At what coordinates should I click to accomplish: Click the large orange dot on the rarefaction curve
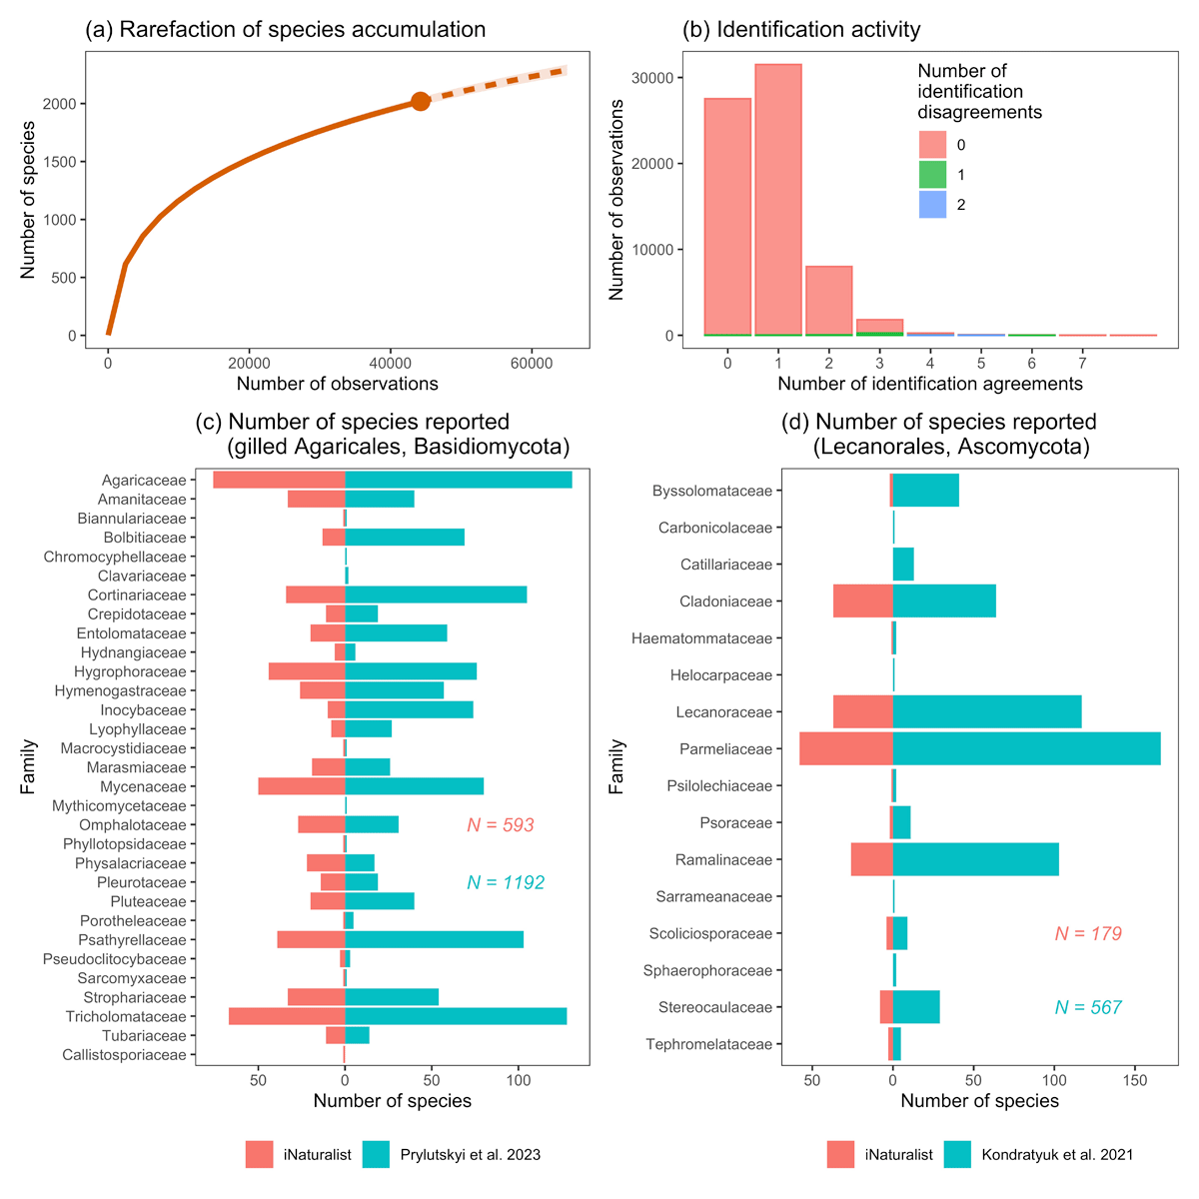pyautogui.click(x=421, y=101)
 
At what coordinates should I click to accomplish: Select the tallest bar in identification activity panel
pyautogui.click(x=778, y=200)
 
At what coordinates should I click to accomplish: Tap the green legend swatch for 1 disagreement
pyautogui.click(x=932, y=175)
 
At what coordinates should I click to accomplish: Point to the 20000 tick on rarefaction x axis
pyautogui.click(x=250, y=364)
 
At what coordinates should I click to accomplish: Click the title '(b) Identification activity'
pyautogui.click(x=801, y=30)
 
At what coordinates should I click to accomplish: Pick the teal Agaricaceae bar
pyautogui.click(x=459, y=481)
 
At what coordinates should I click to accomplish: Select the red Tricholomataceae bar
pyautogui.click(x=287, y=1016)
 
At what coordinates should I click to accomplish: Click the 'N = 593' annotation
pyautogui.click(x=501, y=825)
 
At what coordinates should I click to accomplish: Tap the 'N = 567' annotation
pyautogui.click(x=1088, y=1008)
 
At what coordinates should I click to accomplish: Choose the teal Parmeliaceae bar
pyautogui.click(x=1026, y=749)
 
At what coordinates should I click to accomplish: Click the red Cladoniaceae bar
pyautogui.click(x=863, y=601)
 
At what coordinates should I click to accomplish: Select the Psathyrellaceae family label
pyautogui.click(x=133, y=940)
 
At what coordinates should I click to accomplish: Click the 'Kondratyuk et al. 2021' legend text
pyautogui.click(x=1057, y=1155)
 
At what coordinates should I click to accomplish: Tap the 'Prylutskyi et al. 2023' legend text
pyautogui.click(x=470, y=1155)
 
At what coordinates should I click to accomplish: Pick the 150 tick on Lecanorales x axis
pyautogui.click(x=1135, y=1080)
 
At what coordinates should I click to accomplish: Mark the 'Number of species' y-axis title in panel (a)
pyautogui.click(x=28, y=200)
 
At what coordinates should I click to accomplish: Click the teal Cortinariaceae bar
pyautogui.click(x=436, y=596)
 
